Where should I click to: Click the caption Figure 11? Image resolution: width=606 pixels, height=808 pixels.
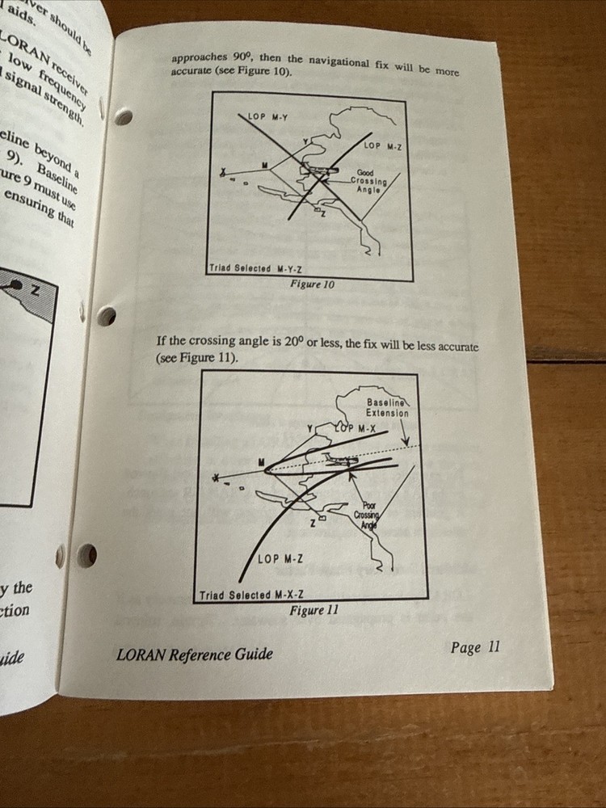click(314, 610)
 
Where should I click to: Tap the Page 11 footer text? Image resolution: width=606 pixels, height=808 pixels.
click(476, 646)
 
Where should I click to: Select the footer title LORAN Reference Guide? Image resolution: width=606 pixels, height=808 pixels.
click(194, 654)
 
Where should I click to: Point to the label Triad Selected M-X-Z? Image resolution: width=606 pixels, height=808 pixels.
click(246, 595)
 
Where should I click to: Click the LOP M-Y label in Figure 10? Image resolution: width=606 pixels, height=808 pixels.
click(267, 118)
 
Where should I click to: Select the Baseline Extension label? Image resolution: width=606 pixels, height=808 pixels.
click(388, 407)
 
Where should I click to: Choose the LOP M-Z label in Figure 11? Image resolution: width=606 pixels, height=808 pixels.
click(280, 558)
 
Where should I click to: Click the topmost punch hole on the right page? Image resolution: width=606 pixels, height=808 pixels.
click(124, 118)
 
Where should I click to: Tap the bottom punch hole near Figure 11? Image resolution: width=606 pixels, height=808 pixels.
click(86, 555)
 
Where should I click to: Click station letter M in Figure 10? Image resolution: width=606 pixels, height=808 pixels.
click(264, 165)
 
